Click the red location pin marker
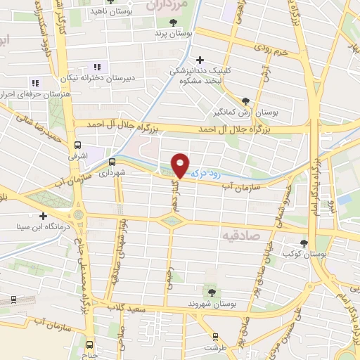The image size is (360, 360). [181, 165]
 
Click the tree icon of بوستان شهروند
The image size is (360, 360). [210, 292]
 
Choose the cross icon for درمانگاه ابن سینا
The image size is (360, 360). [44, 216]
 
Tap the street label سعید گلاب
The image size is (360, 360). [129, 307]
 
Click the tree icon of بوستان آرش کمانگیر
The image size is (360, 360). [245, 101]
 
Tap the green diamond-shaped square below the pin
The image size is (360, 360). [170, 221]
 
